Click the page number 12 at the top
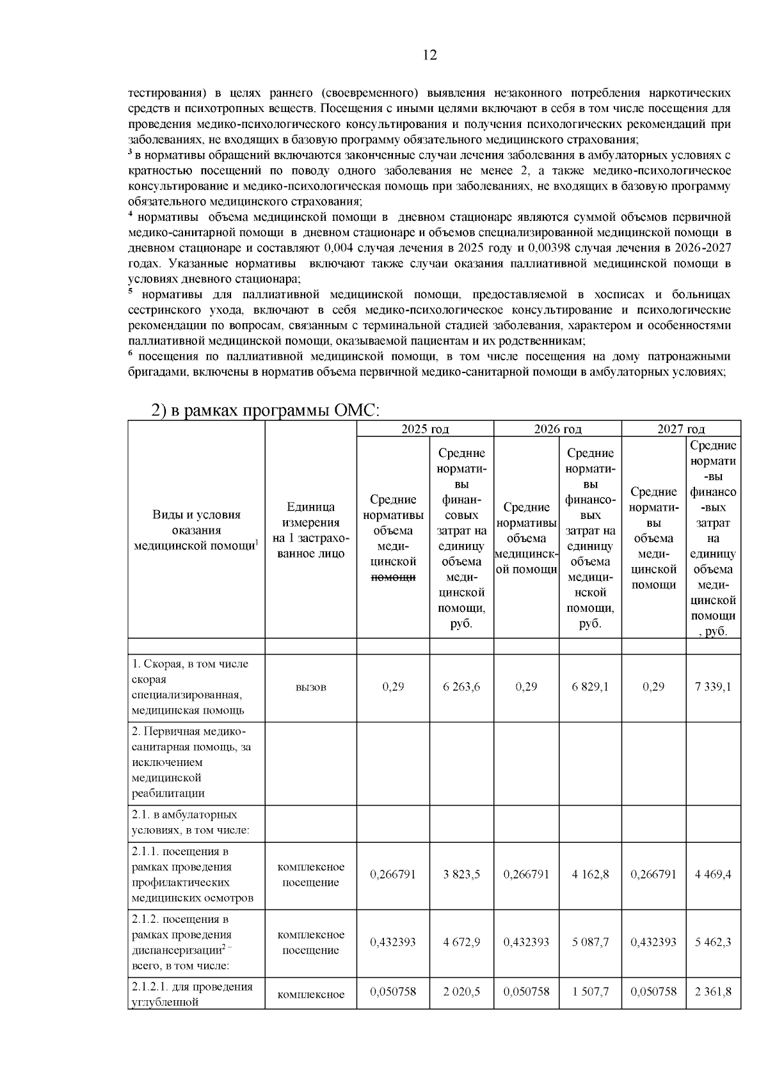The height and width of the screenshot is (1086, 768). pos(430,56)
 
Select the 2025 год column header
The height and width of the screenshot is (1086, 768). pos(425,429)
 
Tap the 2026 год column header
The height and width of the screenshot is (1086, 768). pos(557,429)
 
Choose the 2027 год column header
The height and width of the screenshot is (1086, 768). pos(681,429)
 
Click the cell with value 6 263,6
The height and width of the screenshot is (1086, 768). pos(461,687)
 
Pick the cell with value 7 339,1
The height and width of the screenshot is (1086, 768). pos(713,687)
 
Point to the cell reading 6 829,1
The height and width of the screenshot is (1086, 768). pos(590,687)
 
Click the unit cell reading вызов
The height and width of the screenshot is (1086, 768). pos(310,687)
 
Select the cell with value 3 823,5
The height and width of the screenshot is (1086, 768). pos(461,874)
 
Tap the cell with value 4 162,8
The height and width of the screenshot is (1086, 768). pos(590,874)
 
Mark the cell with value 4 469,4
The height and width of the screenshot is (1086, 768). pos(713,874)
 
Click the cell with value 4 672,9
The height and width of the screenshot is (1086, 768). pos(461,942)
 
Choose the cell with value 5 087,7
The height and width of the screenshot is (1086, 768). pos(590,942)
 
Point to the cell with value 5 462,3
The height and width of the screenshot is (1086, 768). pos(713,942)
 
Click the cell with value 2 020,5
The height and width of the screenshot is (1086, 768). pos(461,991)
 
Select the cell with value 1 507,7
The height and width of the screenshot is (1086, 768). pos(590,991)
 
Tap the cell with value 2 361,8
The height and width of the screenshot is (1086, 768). pos(713,991)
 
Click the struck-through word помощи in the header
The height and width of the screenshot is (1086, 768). pos(393,577)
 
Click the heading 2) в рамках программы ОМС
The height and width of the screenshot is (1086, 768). pos(265,411)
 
